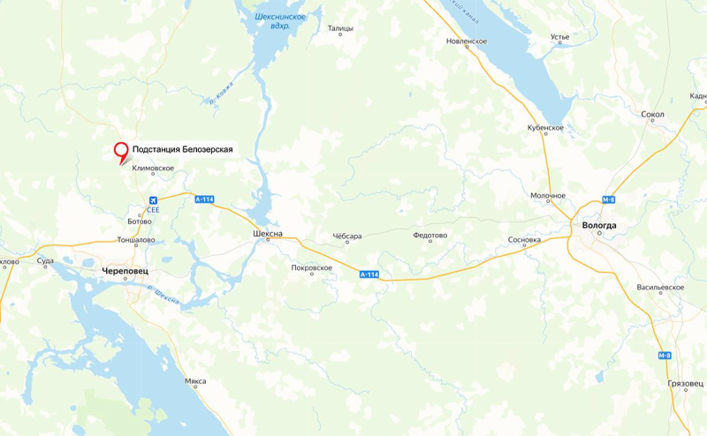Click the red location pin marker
pyautogui.click(x=121, y=152)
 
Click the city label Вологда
pyautogui.click(x=600, y=226)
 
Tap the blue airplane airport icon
pyautogui.click(x=153, y=199)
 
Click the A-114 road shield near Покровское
pyautogui.click(x=369, y=275)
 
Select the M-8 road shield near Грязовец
pyautogui.click(x=665, y=355)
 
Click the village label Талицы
pyautogui.click(x=340, y=28)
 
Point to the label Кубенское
pyautogui.click(x=545, y=128)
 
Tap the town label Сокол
pyautogui.click(x=652, y=114)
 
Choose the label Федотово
pyautogui.click(x=430, y=236)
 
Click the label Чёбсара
pyautogui.click(x=346, y=236)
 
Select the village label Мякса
pyautogui.click(x=195, y=380)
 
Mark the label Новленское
pyautogui.click(x=467, y=41)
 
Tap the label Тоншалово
pyautogui.click(x=136, y=240)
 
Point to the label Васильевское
pyautogui.click(x=660, y=288)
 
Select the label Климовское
pyautogui.click(x=153, y=168)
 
